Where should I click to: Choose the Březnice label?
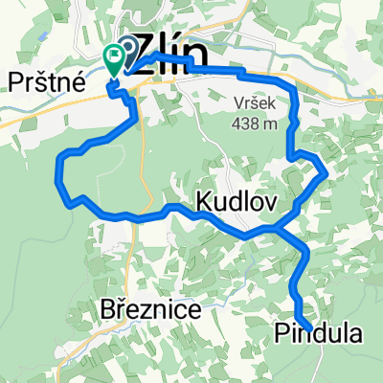(150, 310)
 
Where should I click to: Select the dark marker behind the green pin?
(124, 53)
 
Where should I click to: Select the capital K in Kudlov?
(204, 202)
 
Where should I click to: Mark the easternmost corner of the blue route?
(327, 173)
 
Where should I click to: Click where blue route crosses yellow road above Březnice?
(145, 216)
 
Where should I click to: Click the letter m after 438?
(269, 122)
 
